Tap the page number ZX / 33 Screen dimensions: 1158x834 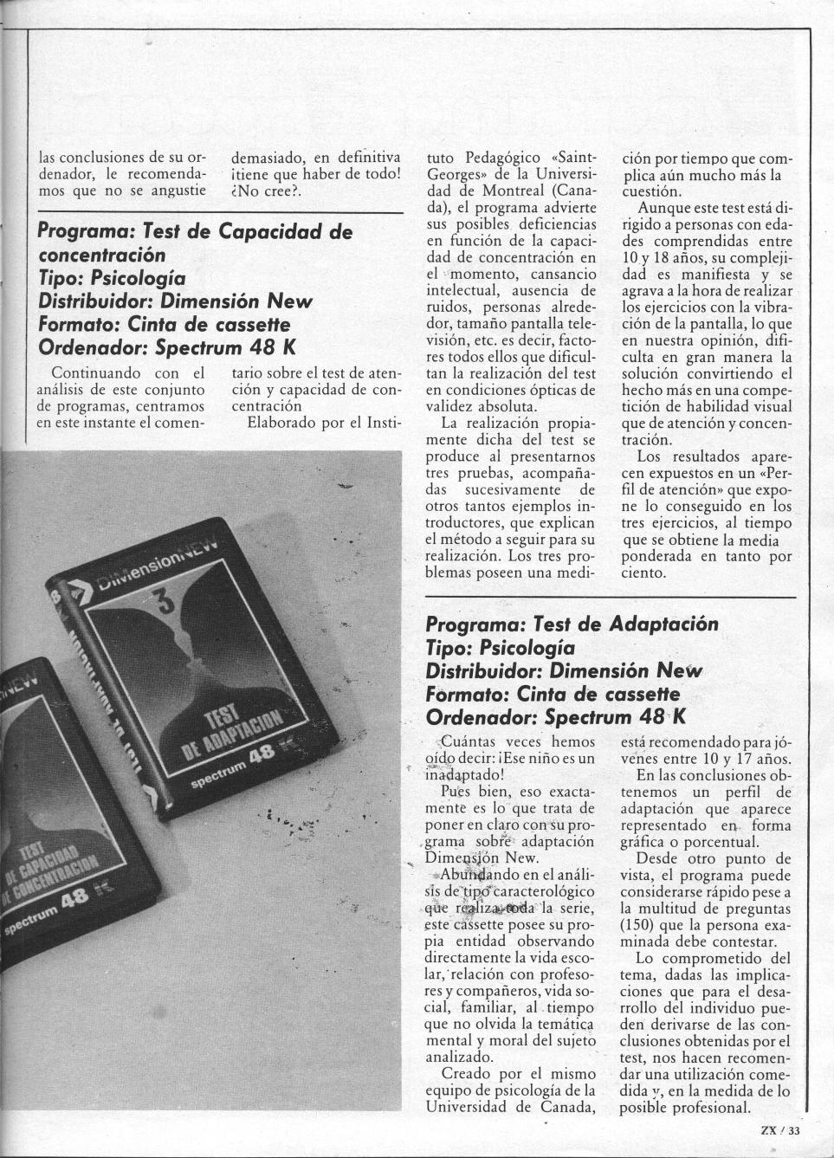pyautogui.click(x=781, y=1129)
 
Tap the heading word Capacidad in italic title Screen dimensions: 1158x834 pyautogui.click(x=275, y=232)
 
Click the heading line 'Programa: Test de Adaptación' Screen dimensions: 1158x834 pyautogui.click(x=572, y=624)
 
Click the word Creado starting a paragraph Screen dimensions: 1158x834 pyautogui.click(x=468, y=1074)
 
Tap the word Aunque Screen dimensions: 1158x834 pyautogui.click(x=663, y=209)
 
